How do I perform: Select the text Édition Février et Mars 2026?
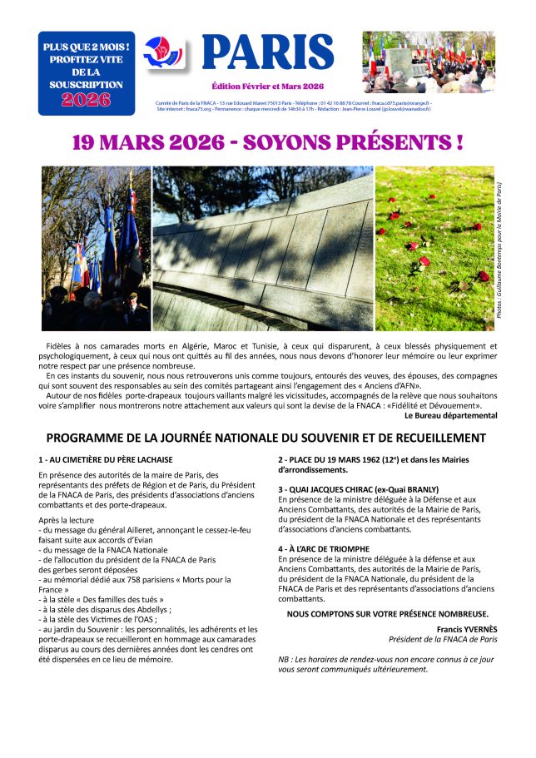pyautogui.click(x=267, y=87)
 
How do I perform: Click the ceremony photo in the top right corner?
pyautogui.click(x=428, y=62)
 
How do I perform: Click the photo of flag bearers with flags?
pyautogui.click(x=96, y=248)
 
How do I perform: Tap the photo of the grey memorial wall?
pyautogui.click(x=263, y=248)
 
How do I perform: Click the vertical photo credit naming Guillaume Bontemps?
pyautogui.click(x=499, y=248)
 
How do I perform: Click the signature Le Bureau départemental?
pyautogui.click(x=450, y=415)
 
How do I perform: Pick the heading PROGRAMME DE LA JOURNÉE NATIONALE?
pyautogui.click(x=266, y=438)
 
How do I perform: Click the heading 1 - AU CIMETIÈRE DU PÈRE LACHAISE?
pyautogui.click(x=105, y=459)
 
